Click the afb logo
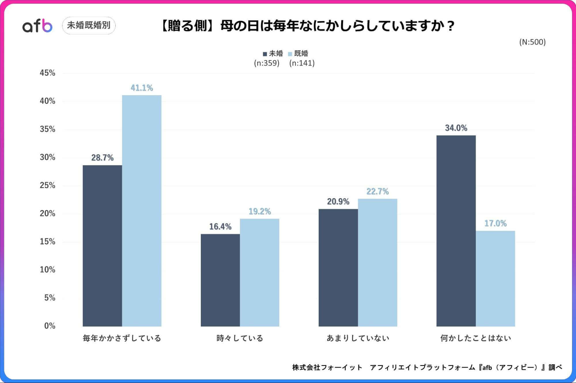pyautogui.click(x=37, y=26)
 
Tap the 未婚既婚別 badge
pyautogui.click(x=89, y=25)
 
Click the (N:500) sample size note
pyautogui.click(x=532, y=42)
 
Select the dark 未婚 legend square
pyautogui.click(x=265, y=54)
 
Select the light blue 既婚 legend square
pyautogui.click(x=290, y=54)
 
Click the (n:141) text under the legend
pyautogui.click(x=302, y=63)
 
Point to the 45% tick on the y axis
pyautogui.click(x=48, y=73)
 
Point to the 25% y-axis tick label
pyautogui.click(x=48, y=185)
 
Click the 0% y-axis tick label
pyautogui.click(x=50, y=326)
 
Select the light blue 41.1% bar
pyautogui.click(x=141, y=211)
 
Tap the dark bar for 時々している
pyautogui.click(x=220, y=280)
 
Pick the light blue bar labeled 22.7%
pyautogui.click(x=377, y=262)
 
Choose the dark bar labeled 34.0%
pyautogui.click(x=456, y=231)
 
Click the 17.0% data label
pyautogui.click(x=495, y=224)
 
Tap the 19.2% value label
pyautogui.click(x=260, y=212)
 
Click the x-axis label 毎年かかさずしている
pyautogui.click(x=122, y=338)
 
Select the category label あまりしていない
pyautogui.click(x=358, y=338)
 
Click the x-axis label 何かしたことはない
pyautogui.click(x=475, y=338)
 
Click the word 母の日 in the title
pyautogui.click(x=239, y=26)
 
